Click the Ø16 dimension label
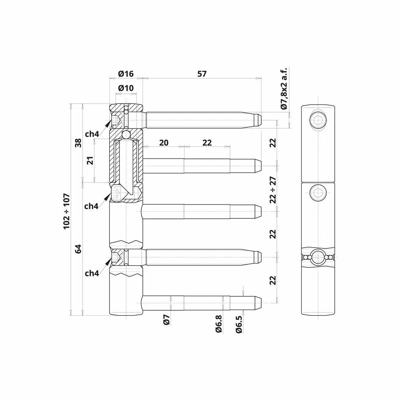pyautogui.click(x=126, y=74)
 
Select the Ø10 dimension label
pyautogui.click(x=126, y=88)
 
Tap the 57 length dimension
pyautogui.click(x=202, y=74)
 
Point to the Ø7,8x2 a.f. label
pyautogui.click(x=284, y=88)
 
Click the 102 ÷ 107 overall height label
pyautogui.click(x=67, y=211)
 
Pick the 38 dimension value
pyautogui.click(x=78, y=142)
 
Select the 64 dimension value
pyautogui.click(x=78, y=248)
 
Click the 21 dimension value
pyautogui.click(x=91, y=160)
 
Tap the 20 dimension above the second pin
pyautogui.click(x=164, y=142)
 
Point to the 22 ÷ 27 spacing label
pyautogui.click(x=273, y=190)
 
